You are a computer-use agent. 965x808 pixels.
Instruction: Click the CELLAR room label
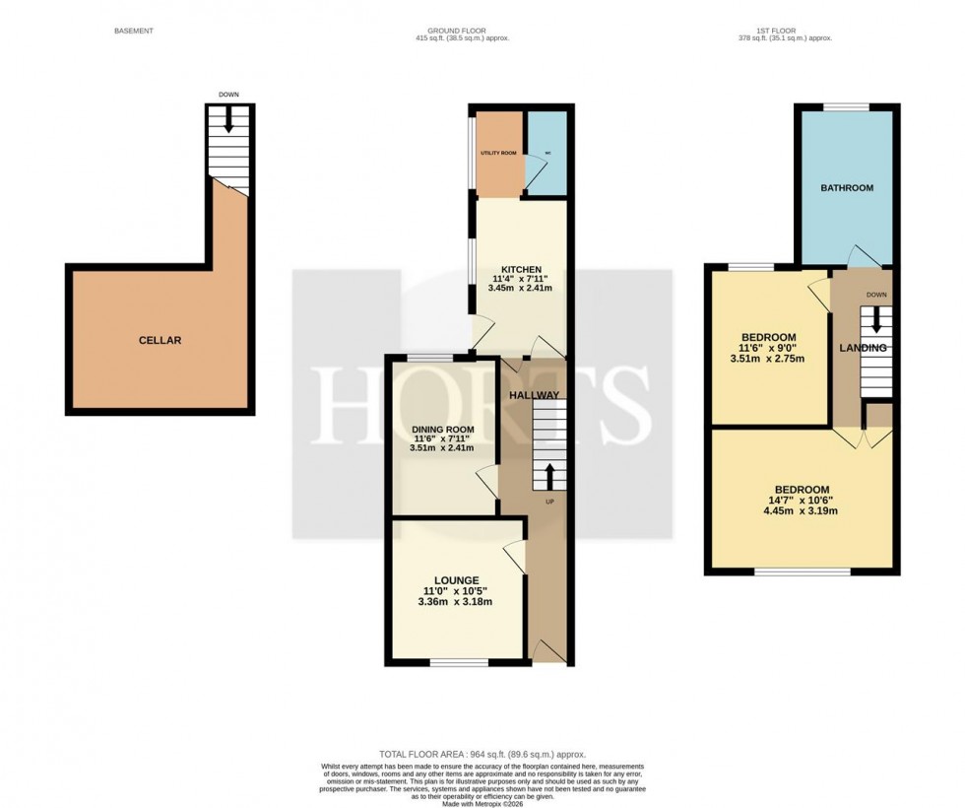pos(160,340)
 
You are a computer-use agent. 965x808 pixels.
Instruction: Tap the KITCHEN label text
pos(521,269)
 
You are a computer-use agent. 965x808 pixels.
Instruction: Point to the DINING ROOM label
pos(442,429)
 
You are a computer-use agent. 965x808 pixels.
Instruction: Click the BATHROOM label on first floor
pos(848,187)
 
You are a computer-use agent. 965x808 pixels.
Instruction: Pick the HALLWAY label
pos(534,395)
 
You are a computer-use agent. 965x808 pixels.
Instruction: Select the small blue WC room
pos(547,153)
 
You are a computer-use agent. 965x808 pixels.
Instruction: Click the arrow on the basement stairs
pos(229,120)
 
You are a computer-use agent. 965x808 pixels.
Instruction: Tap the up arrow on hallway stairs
pos(548,478)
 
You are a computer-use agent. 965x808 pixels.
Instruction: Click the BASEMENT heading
pos(135,32)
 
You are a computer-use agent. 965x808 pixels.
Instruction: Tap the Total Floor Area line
pos(482,755)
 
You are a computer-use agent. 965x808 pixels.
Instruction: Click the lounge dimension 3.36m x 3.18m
pos(455,603)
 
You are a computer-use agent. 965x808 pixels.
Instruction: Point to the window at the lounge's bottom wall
pos(458,661)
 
